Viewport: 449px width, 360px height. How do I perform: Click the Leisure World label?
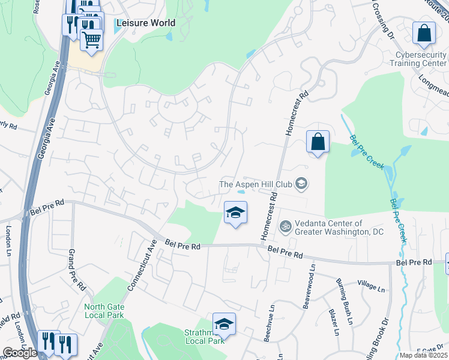(x=146, y=23)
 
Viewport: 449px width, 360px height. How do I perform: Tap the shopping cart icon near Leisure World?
(x=91, y=40)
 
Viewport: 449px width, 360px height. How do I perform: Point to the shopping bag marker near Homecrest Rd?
(x=318, y=142)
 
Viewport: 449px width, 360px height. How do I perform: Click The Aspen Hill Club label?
(x=258, y=184)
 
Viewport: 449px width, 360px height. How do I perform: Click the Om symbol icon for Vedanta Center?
(x=285, y=227)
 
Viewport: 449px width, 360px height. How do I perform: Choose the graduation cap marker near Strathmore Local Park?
(x=224, y=324)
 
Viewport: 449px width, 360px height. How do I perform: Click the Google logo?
(x=20, y=353)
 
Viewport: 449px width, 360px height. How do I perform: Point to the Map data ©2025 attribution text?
(x=424, y=355)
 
